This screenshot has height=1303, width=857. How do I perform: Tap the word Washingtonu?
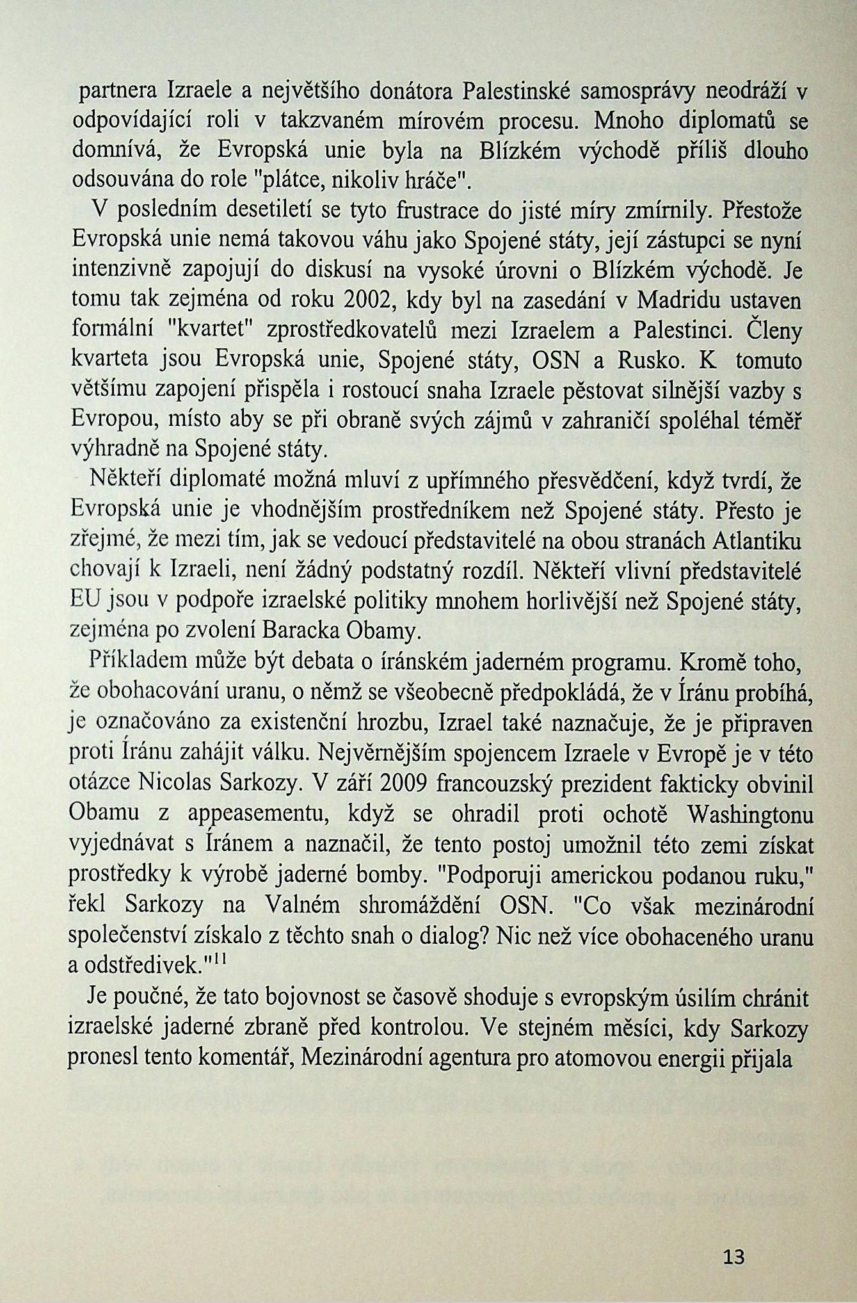click(x=750, y=815)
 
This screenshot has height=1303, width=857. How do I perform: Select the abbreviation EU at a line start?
click(x=82, y=601)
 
